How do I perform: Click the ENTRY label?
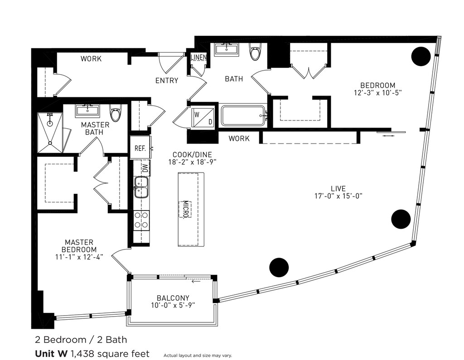tap(167, 81)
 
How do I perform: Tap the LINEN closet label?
tap(199, 58)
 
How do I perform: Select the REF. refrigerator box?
tap(140, 148)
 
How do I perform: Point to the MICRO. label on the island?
tap(185, 209)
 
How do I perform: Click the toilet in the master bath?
tap(116, 113)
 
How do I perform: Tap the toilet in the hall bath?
tap(255, 52)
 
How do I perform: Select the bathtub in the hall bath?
tap(244, 116)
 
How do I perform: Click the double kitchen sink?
tap(141, 187)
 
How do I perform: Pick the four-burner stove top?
tap(141, 220)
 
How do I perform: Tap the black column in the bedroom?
tap(420, 56)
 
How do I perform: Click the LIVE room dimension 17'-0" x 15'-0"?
tap(338, 196)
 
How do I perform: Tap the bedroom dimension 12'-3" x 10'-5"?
tap(377, 92)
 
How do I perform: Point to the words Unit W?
tap(50, 353)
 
